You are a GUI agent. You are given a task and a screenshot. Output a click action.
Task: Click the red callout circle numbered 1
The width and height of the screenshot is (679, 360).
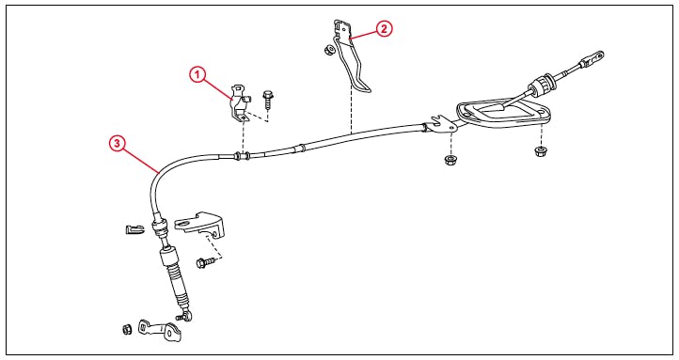197,75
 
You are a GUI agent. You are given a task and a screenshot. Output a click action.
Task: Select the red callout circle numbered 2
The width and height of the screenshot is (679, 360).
384,29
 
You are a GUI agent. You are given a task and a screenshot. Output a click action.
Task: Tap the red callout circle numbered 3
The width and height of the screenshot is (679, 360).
117,143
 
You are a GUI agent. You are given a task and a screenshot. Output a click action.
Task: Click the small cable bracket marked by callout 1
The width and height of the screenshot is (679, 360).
240,103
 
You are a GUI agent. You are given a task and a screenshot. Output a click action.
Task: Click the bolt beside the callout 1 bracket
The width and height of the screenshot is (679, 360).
268,100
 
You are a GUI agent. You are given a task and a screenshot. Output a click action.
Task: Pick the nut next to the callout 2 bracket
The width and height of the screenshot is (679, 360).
328,49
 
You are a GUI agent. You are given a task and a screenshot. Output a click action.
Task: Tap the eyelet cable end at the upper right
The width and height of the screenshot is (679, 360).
592,59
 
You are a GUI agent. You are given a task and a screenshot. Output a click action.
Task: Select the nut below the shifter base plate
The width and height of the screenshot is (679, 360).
540,151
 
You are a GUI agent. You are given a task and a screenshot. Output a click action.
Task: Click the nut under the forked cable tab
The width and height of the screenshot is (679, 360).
450,160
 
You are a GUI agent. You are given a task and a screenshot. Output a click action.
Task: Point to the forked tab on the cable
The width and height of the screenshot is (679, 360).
440,125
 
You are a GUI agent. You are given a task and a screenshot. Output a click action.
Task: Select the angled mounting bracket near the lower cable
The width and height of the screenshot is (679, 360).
200,226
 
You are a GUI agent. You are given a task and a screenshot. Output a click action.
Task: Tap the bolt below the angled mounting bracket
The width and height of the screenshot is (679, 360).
205,262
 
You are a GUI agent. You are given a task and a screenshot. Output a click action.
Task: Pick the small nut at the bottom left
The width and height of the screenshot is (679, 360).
126,330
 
